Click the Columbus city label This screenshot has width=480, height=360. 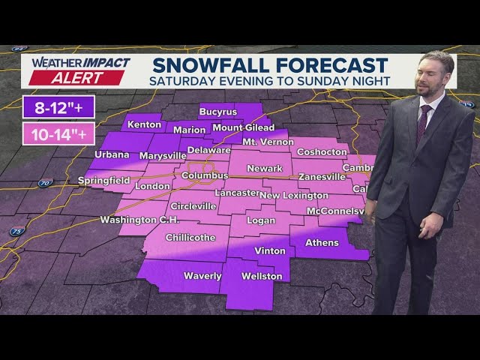click(204, 175)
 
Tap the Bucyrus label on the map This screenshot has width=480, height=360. click(217, 112)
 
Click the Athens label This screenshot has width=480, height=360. click(322, 243)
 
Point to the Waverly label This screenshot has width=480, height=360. click(202, 276)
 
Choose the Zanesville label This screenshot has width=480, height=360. click(322, 177)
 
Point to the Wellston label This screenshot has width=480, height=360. click(262, 276)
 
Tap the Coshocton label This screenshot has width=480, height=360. click(322, 151)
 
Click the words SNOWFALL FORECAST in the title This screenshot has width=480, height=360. click(268, 65)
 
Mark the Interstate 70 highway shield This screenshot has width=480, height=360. click(45, 182)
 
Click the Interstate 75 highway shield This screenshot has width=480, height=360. click(16, 232)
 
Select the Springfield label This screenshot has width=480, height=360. click(104, 181)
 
